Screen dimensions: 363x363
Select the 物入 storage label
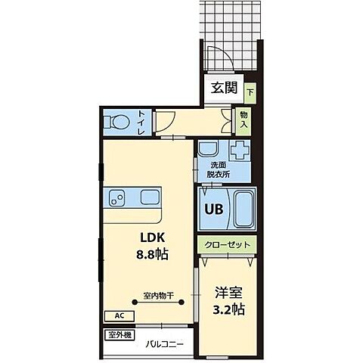pyautogui.click(x=244, y=119)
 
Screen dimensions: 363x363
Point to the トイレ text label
pyautogui.click(x=141, y=123)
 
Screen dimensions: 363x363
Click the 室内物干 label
pyautogui.click(x=157, y=295)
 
